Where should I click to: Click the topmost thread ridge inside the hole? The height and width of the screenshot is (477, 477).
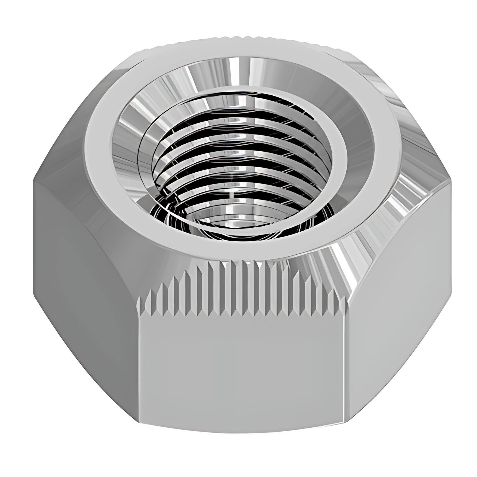[x=241, y=99]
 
